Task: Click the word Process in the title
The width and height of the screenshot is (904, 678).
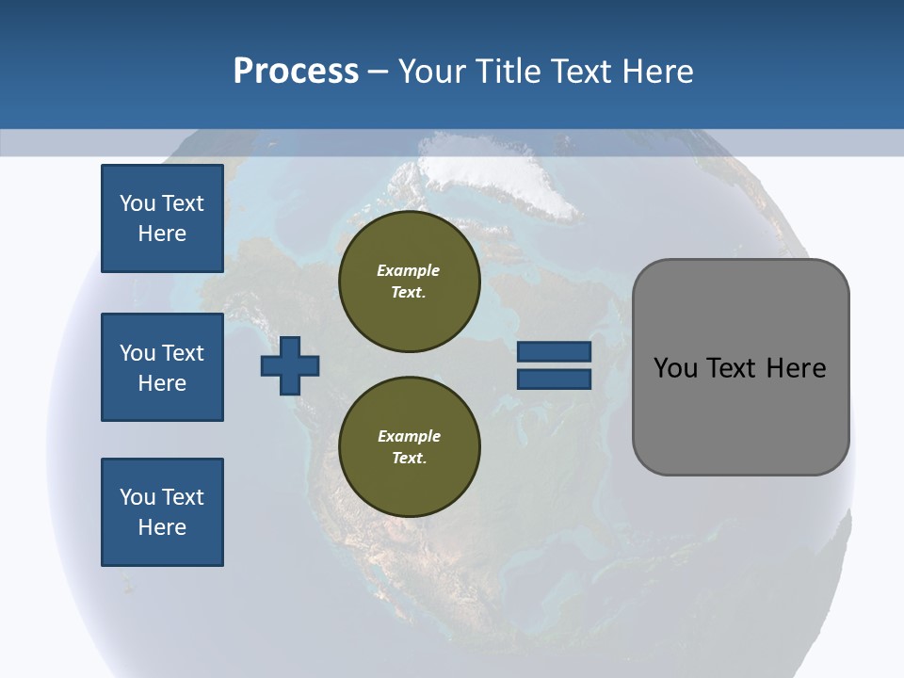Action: (x=296, y=71)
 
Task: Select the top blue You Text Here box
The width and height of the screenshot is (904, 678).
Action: (x=162, y=218)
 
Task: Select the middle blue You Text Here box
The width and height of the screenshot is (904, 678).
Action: (x=162, y=367)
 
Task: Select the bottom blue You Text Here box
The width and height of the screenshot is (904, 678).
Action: (x=162, y=512)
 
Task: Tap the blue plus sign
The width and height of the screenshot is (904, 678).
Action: (x=290, y=365)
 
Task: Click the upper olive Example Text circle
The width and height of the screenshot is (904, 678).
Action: (x=409, y=282)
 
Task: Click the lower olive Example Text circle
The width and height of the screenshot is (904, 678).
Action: (x=409, y=447)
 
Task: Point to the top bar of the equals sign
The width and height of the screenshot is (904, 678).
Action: (x=554, y=351)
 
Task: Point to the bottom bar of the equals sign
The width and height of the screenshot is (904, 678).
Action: (x=554, y=379)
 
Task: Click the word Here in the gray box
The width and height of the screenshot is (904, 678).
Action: (x=796, y=368)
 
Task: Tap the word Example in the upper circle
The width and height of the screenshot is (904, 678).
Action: (x=409, y=270)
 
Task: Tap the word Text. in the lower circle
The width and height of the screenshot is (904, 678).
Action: (x=409, y=459)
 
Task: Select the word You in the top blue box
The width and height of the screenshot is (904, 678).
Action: (x=137, y=203)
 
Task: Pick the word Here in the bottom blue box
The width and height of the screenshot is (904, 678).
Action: (x=162, y=527)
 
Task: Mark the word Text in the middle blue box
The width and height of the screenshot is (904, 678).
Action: (x=183, y=353)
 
